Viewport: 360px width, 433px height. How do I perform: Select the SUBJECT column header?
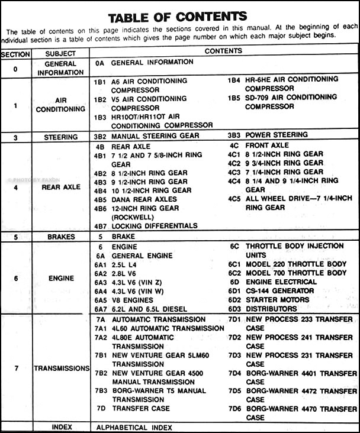click(60, 52)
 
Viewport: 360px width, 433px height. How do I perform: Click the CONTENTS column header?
click(224, 51)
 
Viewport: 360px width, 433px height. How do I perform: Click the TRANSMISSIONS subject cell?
click(61, 368)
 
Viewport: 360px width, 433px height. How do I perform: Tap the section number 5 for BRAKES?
click(16, 236)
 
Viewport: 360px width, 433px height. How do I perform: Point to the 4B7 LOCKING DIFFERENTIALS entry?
click(146, 225)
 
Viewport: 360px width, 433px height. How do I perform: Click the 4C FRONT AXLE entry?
click(259, 145)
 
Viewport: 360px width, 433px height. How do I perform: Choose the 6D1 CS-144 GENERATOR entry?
click(272, 291)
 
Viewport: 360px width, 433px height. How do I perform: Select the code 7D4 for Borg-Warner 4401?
click(234, 373)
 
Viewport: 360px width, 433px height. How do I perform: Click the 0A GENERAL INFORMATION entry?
click(140, 62)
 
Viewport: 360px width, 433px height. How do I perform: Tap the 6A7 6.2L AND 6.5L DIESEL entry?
click(141, 309)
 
